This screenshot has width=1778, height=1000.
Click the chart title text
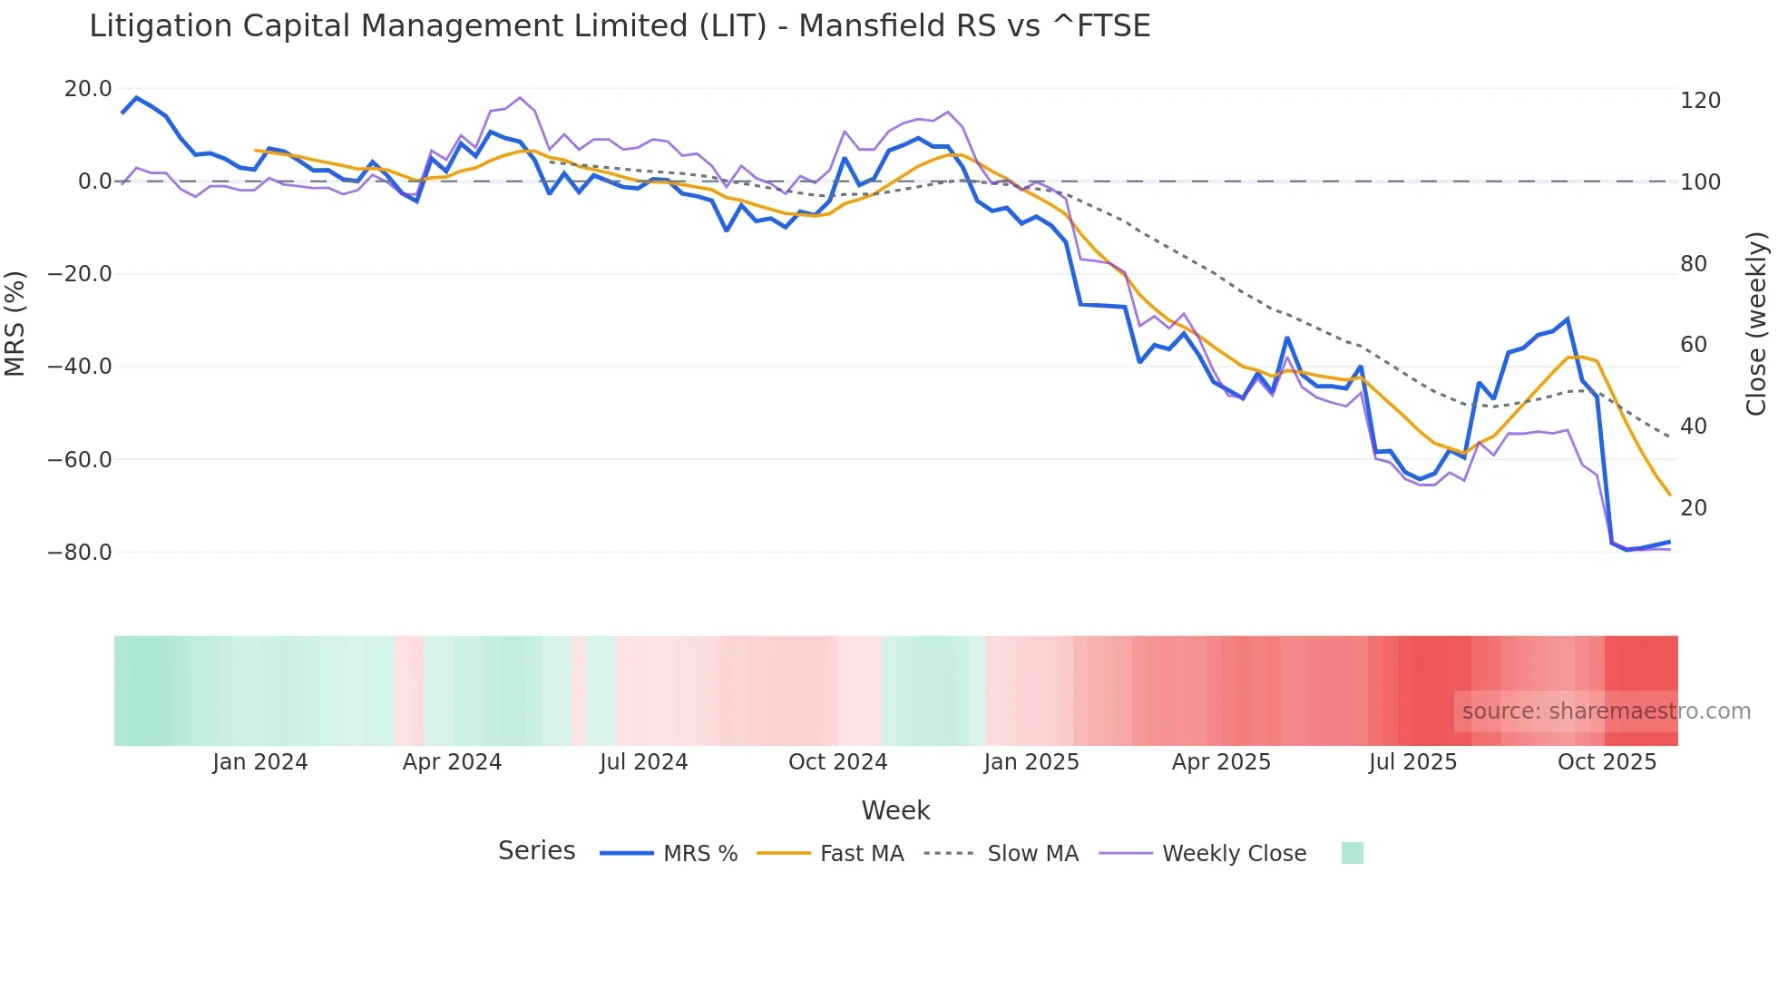(620, 26)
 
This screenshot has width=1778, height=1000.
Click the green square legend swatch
(1352, 853)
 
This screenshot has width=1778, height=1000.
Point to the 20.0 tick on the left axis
(88, 89)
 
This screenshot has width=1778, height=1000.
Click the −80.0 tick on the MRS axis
(80, 553)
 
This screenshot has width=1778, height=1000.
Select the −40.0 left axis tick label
(80, 367)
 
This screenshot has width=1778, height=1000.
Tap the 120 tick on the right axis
(1700, 101)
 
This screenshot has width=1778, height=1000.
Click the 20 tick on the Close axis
(1694, 508)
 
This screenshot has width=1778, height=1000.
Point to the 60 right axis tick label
(1694, 345)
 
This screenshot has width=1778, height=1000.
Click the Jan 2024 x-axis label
(260, 762)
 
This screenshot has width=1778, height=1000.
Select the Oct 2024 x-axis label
(837, 762)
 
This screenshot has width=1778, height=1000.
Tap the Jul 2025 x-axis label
(1412, 762)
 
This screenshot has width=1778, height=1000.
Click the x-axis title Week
(895, 810)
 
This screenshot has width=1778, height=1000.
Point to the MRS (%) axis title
(15, 323)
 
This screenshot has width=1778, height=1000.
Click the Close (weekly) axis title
(1756, 323)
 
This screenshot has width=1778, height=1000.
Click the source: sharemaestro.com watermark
(1606, 711)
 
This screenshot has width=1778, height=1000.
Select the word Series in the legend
(536, 851)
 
